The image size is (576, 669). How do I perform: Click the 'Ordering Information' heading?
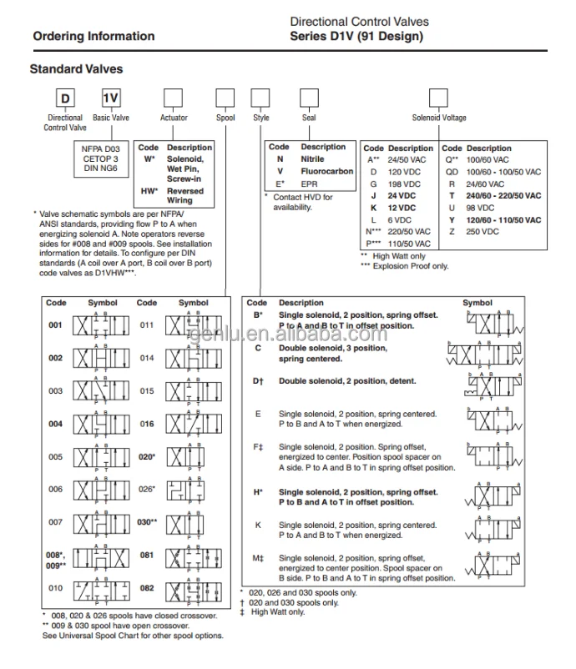[x=93, y=36]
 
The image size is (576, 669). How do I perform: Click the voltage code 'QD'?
[x=451, y=170]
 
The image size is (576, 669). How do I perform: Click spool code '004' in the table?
[x=55, y=424]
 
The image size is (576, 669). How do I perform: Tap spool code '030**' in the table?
[x=148, y=522]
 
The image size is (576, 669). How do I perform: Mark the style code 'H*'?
[x=258, y=492]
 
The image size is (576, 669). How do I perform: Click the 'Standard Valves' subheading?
[x=76, y=69]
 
